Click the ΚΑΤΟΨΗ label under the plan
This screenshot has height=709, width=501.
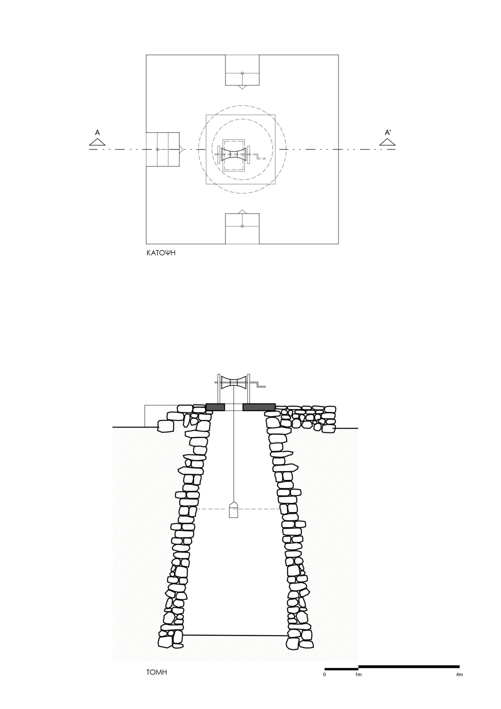tap(161, 253)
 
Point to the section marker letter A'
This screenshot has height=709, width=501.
tap(388, 133)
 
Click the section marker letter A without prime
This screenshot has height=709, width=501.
tap(97, 133)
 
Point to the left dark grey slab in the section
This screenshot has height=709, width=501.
tap(215, 407)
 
